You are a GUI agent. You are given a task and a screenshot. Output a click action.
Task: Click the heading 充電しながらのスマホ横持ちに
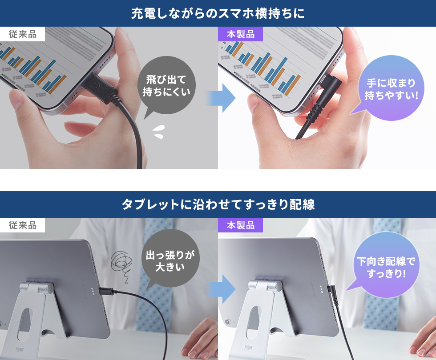(218, 13)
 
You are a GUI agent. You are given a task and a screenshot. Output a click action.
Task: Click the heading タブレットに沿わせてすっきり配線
(218, 204)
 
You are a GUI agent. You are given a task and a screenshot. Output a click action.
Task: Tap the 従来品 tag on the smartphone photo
(23, 34)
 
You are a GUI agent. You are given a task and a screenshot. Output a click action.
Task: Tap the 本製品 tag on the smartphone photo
(240, 34)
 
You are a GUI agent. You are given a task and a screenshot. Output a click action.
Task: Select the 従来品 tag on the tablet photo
(23, 225)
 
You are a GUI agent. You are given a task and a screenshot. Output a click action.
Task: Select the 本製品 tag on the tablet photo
(240, 225)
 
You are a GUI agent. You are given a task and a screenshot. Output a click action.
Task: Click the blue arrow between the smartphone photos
(225, 98)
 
